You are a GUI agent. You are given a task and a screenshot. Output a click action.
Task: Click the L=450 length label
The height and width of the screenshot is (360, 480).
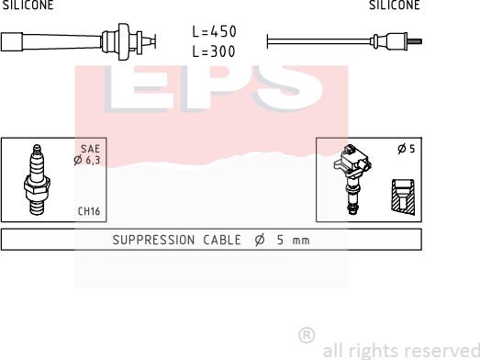tap(214, 31)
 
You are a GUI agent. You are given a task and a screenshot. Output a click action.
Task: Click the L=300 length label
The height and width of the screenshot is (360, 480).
tap(214, 51)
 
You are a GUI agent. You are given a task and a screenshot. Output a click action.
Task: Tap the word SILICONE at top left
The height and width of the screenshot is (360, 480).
tap(28, 5)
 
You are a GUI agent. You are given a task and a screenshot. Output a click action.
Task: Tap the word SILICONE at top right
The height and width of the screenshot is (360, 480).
tap(395, 5)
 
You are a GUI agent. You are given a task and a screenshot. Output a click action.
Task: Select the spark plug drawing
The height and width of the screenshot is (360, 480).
tap(37, 179)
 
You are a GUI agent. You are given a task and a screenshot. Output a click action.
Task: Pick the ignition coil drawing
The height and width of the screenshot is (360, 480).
tap(352, 178)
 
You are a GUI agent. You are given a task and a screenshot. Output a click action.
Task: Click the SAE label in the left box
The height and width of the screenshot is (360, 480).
tap(90, 149)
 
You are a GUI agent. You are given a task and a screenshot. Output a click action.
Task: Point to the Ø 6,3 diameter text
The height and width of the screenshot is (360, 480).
tap(87, 160)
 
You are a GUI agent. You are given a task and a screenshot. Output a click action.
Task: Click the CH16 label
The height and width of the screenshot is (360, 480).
tap(89, 211)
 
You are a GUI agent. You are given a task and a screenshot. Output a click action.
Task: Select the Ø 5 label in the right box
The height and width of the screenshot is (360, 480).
tap(407, 149)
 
